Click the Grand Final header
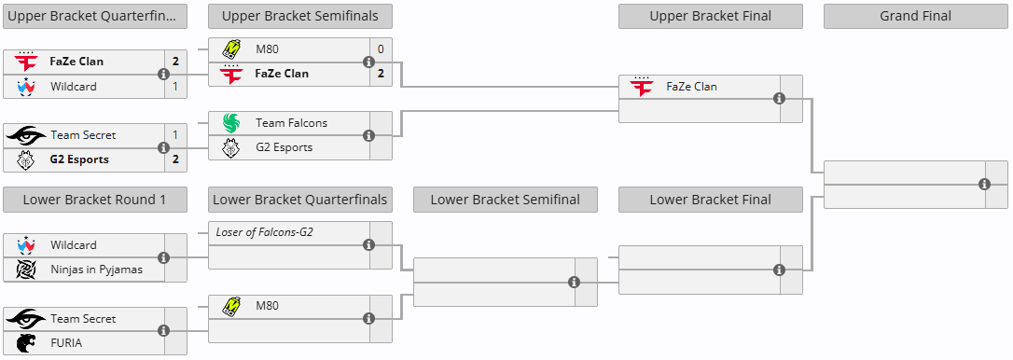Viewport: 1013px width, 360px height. click(915, 16)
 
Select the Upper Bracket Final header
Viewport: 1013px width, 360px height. click(710, 16)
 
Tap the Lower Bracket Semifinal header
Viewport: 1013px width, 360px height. click(505, 200)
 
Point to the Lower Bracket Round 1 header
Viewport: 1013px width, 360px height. click(94, 200)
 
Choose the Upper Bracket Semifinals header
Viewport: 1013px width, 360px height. click(299, 16)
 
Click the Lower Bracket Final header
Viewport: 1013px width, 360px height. click(710, 200)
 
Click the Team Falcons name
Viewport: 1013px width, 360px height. click(291, 123)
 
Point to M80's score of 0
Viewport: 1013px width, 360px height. click(381, 49)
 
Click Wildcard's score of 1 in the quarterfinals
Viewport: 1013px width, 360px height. click(175, 87)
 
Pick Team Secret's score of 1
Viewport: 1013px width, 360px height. click(175, 135)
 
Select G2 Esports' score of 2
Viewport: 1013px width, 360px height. click(175, 159)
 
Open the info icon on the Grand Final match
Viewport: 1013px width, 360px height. click(985, 185)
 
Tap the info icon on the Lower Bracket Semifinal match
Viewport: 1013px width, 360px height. click(574, 283)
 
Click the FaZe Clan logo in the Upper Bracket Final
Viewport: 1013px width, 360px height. click(641, 87)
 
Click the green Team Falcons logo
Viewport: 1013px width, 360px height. click(230, 123)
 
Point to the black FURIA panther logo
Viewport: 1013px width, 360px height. click(25, 343)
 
